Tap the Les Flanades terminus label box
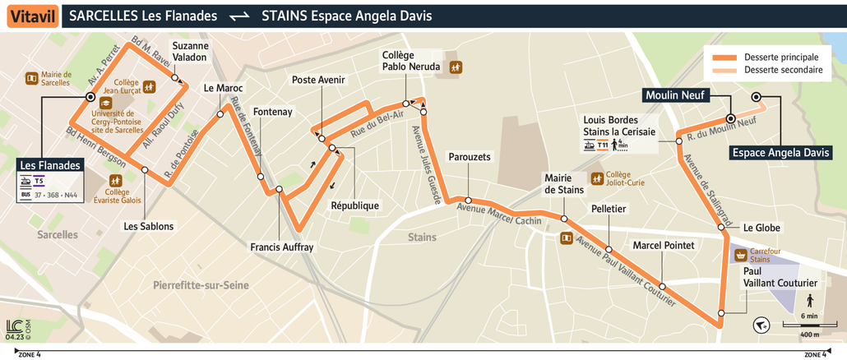coord(52,166)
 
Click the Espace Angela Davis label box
coord(781,153)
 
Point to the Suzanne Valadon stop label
coord(190,52)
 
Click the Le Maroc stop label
coord(220,89)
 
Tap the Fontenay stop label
coord(273,112)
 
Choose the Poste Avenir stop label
coord(318,80)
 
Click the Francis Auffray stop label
coord(282,247)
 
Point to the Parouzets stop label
coord(470,157)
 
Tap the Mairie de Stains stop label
coord(563,184)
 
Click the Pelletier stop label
coord(609,210)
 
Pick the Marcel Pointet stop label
coord(663,246)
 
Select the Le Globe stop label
coord(761,228)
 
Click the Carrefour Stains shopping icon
coord(739,255)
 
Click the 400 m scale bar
coord(809,328)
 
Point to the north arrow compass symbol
coord(761,325)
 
